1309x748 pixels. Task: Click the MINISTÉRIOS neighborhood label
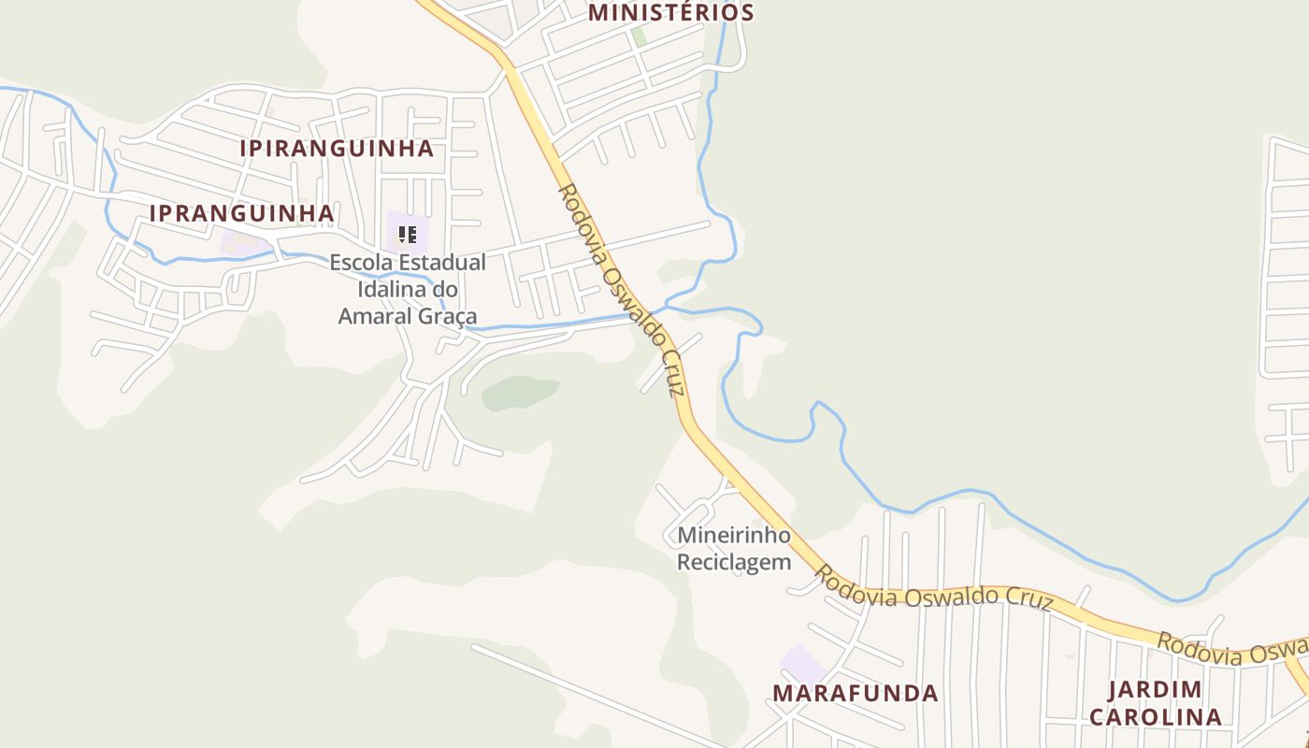click(x=670, y=13)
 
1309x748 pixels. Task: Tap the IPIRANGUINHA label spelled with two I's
click(x=337, y=149)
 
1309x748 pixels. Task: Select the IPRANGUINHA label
click(x=241, y=213)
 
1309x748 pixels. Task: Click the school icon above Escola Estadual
click(x=407, y=234)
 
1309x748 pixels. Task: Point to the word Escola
click(x=358, y=263)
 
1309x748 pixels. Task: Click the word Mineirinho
click(x=734, y=536)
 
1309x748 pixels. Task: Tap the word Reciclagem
click(x=734, y=562)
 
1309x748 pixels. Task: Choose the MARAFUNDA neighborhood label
click(x=855, y=693)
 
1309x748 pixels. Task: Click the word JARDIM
click(x=1155, y=690)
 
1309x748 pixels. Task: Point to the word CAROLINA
click(x=1155, y=717)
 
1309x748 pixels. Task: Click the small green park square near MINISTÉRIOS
click(x=639, y=36)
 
